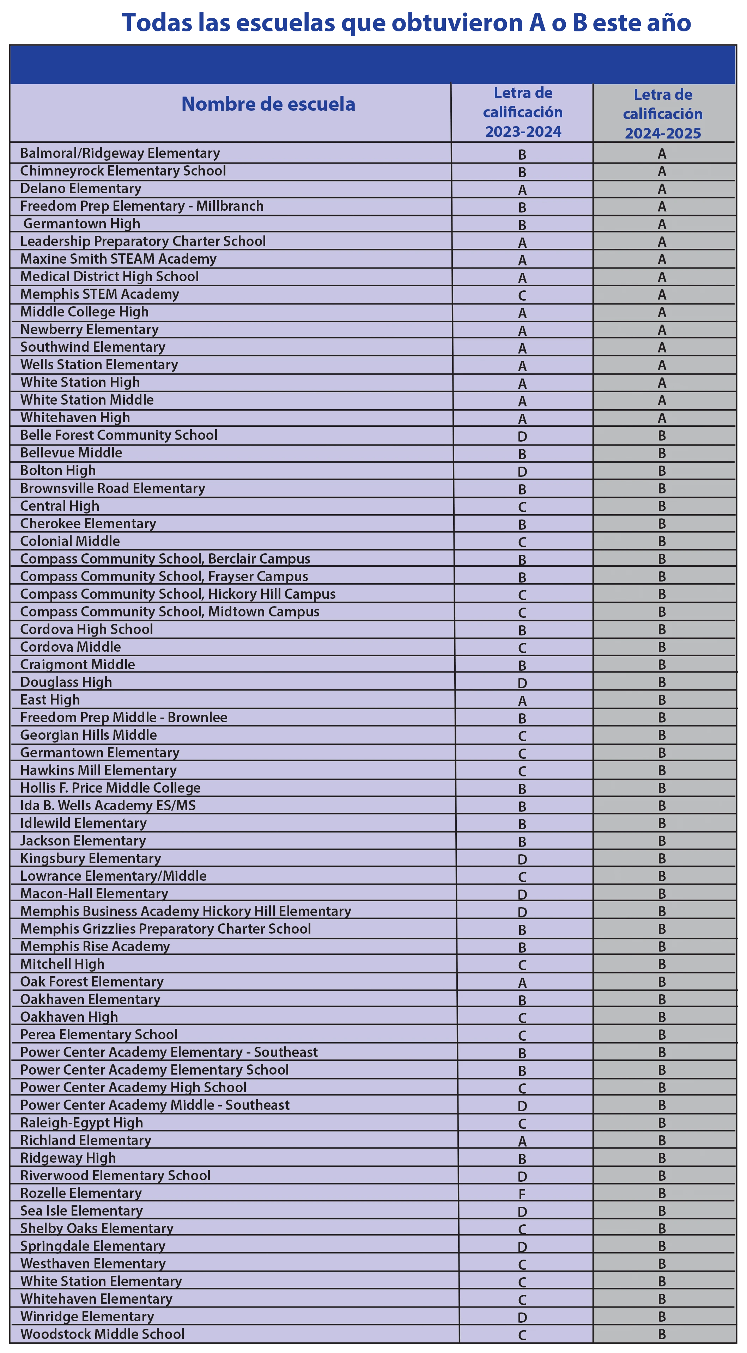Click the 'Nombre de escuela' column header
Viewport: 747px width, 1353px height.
point(268,104)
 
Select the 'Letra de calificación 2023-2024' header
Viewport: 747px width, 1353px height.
point(523,112)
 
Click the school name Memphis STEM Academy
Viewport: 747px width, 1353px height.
point(99,294)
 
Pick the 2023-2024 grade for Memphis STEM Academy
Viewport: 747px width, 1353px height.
point(522,296)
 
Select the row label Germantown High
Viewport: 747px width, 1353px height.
point(81,224)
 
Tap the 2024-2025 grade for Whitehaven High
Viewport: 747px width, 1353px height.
point(662,418)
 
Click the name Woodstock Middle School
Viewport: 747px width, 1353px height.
point(102,1334)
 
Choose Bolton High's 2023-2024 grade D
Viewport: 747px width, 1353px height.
point(522,472)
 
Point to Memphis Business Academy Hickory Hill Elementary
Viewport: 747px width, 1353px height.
point(186,911)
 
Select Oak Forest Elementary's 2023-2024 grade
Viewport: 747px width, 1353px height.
point(522,983)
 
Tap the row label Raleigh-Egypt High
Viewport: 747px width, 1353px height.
point(81,1123)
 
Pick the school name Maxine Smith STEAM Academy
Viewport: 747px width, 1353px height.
point(118,259)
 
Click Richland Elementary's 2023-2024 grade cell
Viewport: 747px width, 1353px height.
point(522,1141)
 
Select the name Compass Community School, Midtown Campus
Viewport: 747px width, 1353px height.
point(170,611)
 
